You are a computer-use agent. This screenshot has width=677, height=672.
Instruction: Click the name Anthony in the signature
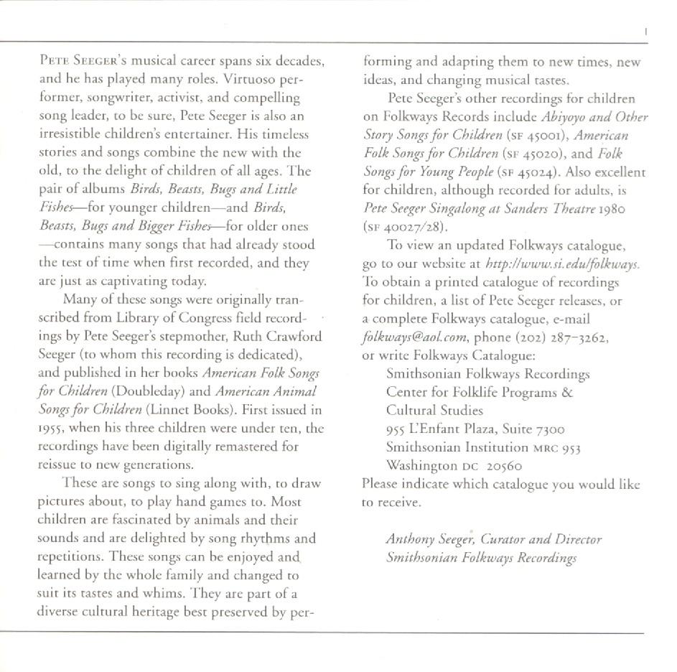[412, 539]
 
